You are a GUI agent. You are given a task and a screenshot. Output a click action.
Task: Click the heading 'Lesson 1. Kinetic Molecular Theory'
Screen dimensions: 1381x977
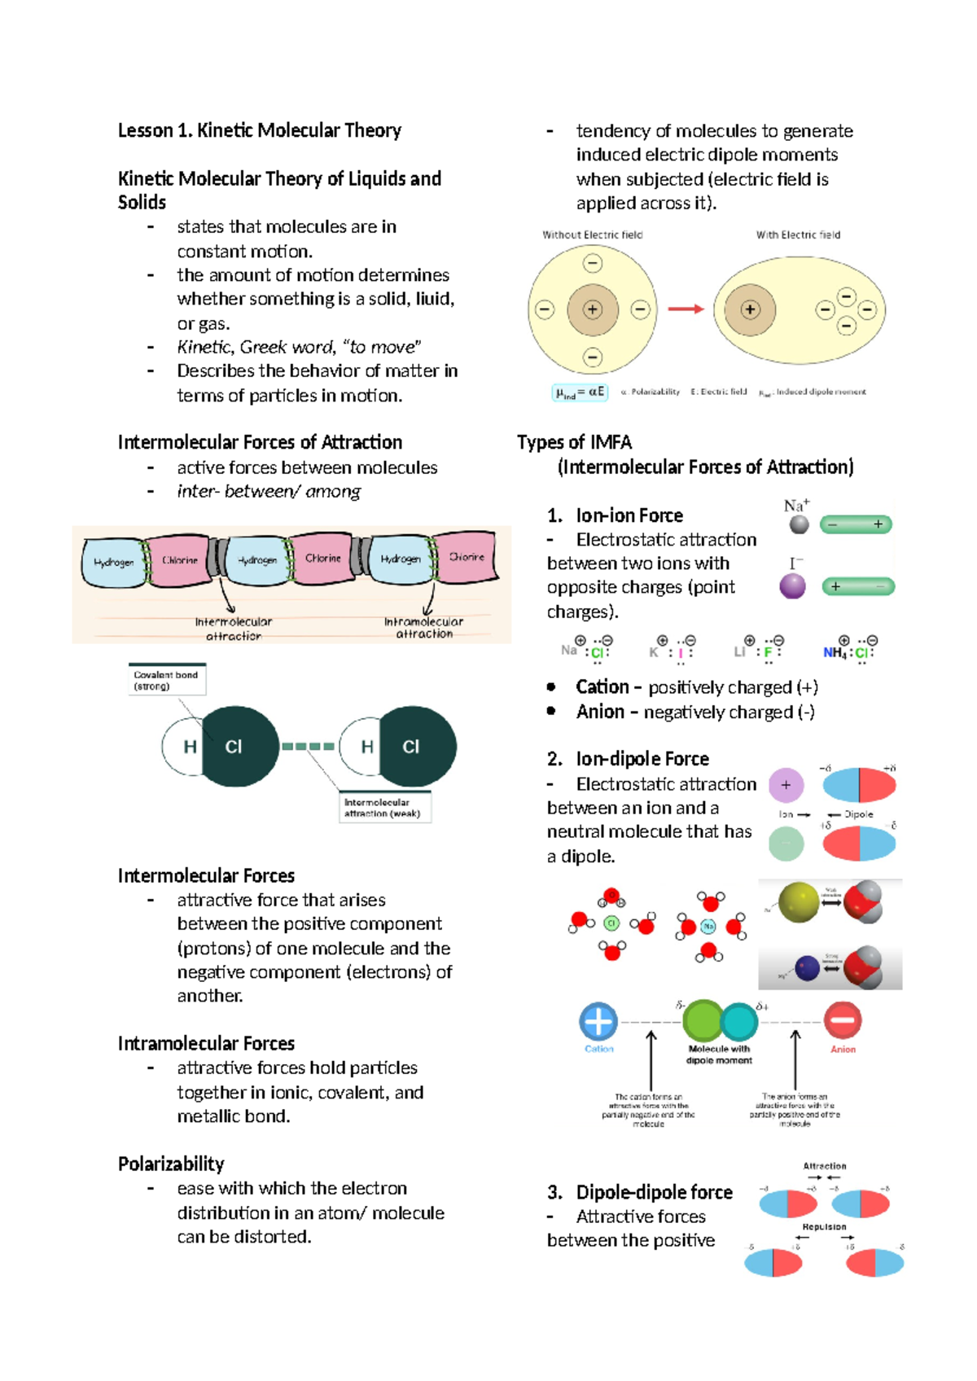coord(259,130)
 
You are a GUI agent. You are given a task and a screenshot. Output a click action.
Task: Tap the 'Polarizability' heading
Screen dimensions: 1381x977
coord(170,1164)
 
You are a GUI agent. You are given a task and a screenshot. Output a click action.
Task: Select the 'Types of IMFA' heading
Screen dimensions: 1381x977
coord(574,442)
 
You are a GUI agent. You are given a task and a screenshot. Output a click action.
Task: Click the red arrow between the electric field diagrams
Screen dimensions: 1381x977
coord(686,309)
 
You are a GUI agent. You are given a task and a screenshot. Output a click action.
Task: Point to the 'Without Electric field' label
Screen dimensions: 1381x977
coord(592,235)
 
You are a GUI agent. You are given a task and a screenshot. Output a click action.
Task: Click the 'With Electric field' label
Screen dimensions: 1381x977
coord(798,235)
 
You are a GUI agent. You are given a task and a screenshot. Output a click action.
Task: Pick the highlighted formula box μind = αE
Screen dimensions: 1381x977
coord(580,392)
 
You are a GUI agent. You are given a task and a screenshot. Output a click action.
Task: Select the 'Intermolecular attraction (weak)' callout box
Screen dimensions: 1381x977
coord(383,808)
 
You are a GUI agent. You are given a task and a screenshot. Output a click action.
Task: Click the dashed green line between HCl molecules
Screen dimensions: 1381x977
coord(308,746)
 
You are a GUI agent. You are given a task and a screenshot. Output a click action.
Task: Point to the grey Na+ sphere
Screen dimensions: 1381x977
coord(800,525)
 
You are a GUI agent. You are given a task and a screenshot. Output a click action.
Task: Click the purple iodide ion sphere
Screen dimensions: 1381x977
coord(792,585)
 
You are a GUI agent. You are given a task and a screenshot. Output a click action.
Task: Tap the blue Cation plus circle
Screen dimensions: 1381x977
coord(598,1021)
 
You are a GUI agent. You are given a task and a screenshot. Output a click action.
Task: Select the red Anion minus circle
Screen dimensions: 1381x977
coord(843,1020)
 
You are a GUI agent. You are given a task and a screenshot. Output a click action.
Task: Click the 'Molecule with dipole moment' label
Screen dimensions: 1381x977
coord(719,1054)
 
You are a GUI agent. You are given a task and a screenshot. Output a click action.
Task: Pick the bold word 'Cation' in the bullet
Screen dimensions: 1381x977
coord(602,687)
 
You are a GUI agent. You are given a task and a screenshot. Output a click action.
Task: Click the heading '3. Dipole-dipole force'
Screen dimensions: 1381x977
coord(640,1192)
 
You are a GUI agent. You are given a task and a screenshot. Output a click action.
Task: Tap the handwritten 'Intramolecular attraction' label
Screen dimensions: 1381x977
coord(423,627)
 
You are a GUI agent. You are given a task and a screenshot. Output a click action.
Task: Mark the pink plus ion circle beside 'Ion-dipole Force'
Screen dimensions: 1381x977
coord(786,785)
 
